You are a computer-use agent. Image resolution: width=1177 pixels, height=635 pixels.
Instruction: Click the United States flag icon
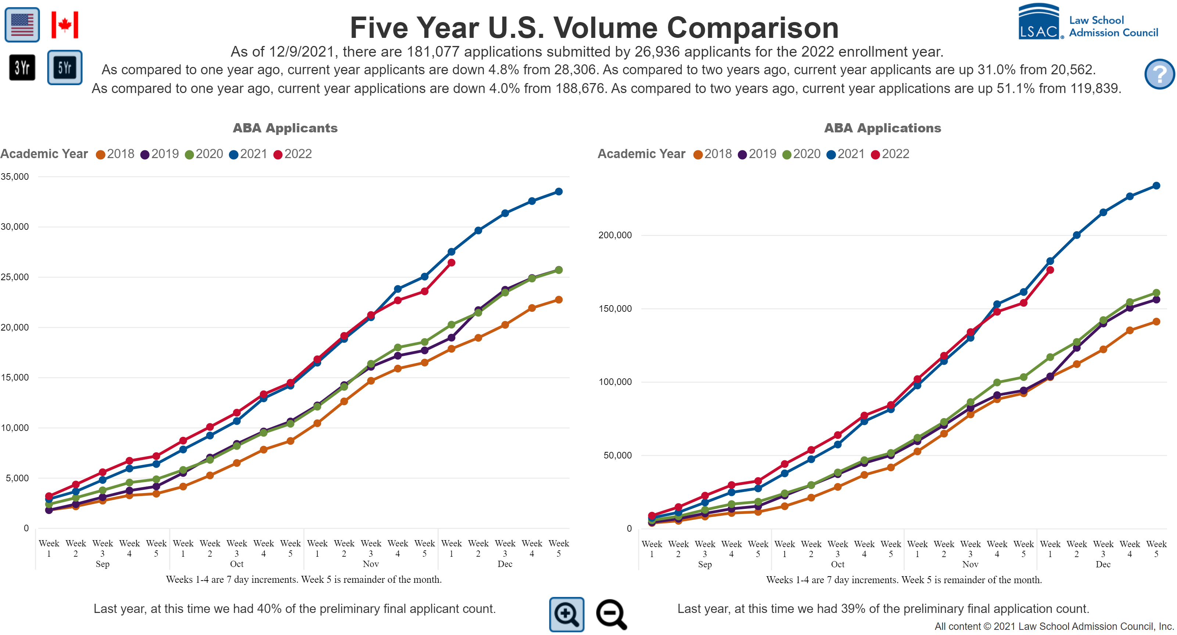tap(22, 25)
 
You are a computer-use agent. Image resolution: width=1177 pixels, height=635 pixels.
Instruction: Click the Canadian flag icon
tap(64, 25)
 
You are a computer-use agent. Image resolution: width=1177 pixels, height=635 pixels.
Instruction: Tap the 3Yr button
tap(22, 68)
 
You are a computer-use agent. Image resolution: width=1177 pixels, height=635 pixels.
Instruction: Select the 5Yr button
tap(64, 68)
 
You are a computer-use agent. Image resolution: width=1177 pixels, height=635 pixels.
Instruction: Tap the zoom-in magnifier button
tap(566, 614)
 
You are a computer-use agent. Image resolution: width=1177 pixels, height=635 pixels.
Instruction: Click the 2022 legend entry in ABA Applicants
tap(293, 154)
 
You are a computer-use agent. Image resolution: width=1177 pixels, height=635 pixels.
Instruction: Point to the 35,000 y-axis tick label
tap(15, 176)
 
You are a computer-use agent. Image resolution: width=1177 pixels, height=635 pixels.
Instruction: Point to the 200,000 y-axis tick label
tap(615, 235)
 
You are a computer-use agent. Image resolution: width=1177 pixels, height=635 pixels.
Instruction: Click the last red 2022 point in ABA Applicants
tap(451, 263)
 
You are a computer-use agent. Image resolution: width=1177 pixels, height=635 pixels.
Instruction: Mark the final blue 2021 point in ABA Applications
tap(1156, 186)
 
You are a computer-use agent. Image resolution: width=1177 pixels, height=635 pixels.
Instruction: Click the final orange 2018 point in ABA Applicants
tap(558, 299)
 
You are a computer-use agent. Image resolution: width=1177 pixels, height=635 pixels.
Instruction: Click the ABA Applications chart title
tap(882, 128)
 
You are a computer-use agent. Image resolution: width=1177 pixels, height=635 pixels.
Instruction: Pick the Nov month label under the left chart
tap(370, 564)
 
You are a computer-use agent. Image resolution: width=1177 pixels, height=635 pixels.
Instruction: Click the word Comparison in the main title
tap(753, 28)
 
